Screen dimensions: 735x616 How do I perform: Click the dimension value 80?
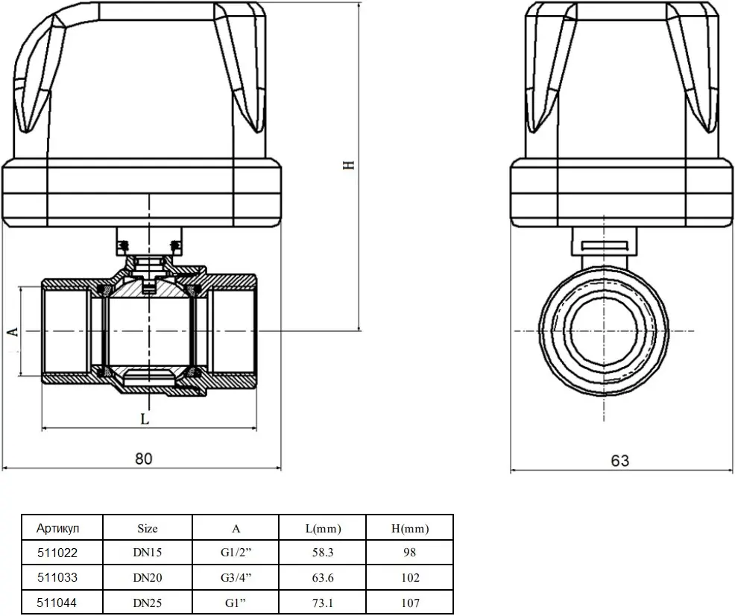point(144,458)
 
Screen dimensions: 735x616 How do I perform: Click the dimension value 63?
point(619,460)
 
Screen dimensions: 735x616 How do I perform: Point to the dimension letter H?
point(349,165)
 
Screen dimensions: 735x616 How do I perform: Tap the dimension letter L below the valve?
point(145,418)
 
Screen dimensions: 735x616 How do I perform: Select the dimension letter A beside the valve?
point(14,331)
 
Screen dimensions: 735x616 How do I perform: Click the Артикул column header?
point(57,528)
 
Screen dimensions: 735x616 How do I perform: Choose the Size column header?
point(147,528)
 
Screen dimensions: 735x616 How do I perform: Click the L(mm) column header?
point(323,529)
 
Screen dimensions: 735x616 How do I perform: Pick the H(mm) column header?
point(410,529)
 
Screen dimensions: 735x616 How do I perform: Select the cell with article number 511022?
point(57,553)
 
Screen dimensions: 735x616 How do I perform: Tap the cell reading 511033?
point(57,577)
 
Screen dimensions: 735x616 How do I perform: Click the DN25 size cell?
point(147,603)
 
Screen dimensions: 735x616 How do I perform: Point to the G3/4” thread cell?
point(236,577)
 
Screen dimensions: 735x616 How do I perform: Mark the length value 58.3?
point(323,553)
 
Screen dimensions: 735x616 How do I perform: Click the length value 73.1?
point(323,603)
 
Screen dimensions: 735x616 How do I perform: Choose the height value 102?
point(410,577)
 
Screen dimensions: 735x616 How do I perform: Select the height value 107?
point(410,603)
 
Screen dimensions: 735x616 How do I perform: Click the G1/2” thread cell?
point(236,553)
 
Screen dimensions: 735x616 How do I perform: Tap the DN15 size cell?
point(147,553)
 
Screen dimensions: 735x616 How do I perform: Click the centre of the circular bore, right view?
point(604,331)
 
